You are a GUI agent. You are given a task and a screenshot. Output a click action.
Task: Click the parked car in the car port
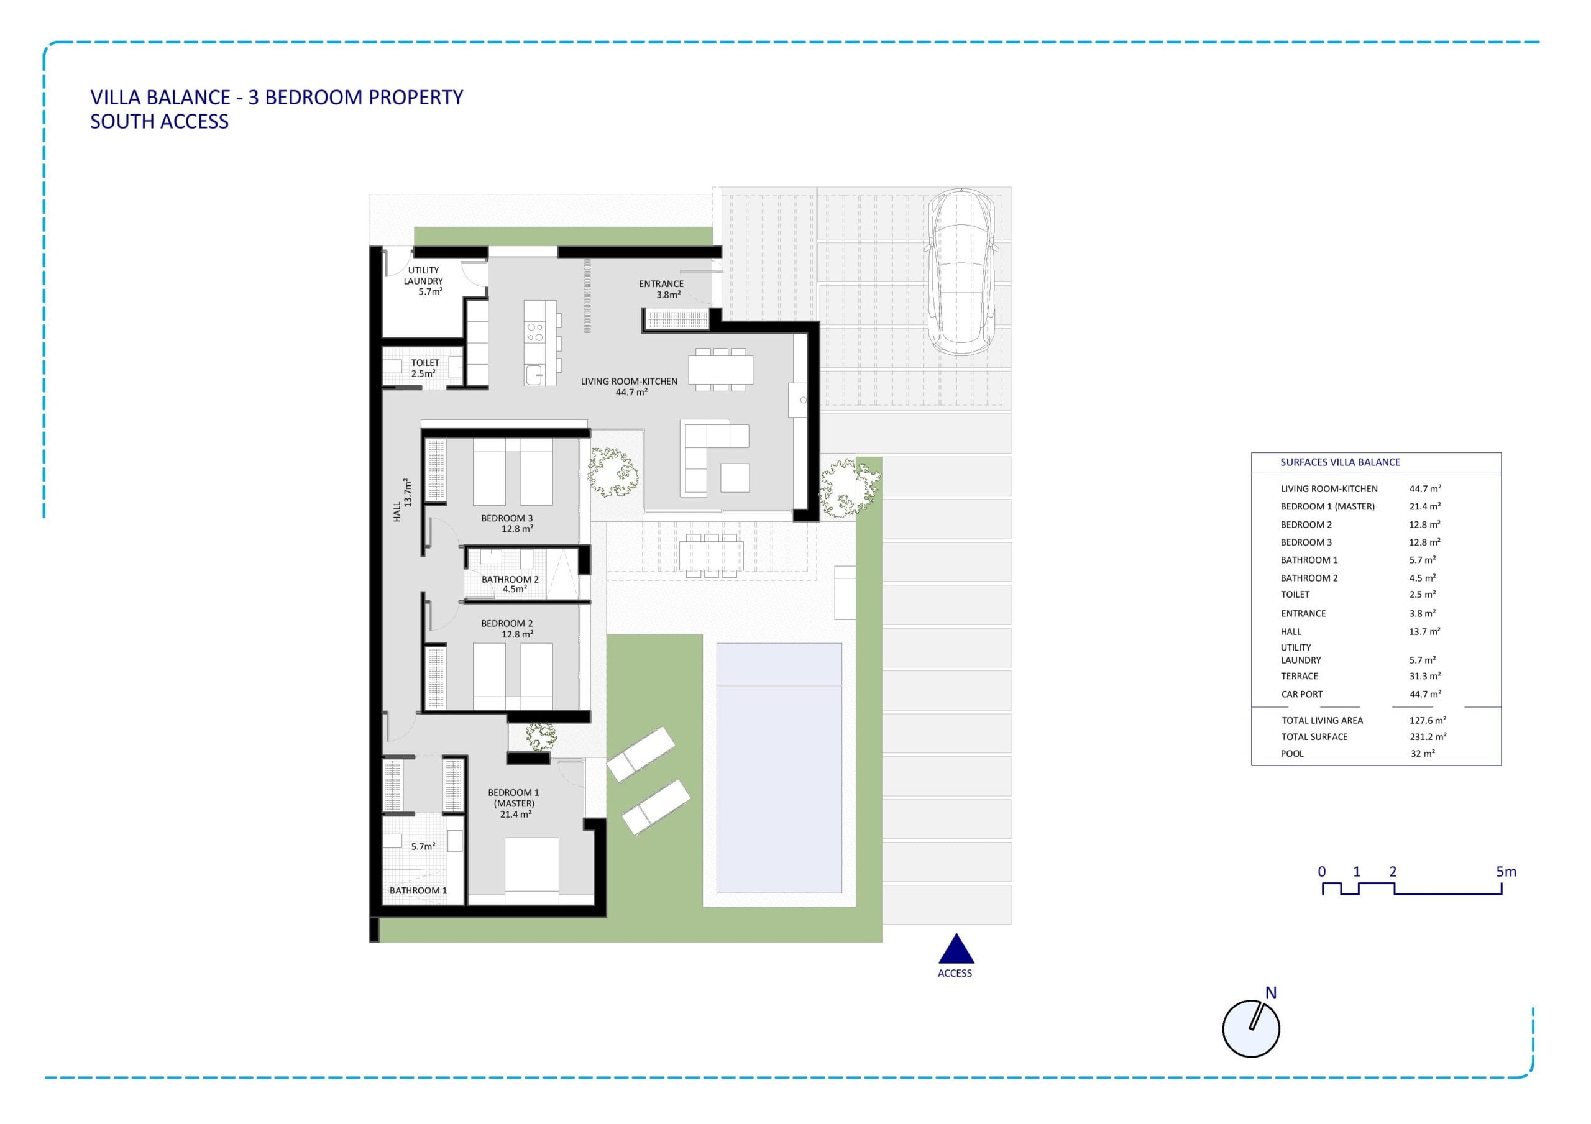click(963, 272)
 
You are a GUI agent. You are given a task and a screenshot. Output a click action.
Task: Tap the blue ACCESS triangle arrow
click(956, 950)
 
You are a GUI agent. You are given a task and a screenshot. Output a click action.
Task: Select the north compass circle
click(1251, 1028)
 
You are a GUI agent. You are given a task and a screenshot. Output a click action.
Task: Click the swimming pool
click(779, 768)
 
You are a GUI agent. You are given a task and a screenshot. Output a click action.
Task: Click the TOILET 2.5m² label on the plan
click(424, 368)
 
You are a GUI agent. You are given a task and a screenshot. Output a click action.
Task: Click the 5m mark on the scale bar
click(1506, 872)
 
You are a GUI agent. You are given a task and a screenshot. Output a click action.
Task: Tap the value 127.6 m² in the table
click(1428, 720)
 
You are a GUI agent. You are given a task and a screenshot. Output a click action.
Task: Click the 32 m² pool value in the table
click(1423, 753)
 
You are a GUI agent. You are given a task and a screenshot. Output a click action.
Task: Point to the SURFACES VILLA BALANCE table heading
click(1340, 462)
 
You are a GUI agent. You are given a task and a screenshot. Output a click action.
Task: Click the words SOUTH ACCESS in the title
click(159, 121)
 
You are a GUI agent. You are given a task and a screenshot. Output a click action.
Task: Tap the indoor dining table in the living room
click(721, 370)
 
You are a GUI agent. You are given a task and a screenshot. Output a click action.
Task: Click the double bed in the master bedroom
click(531, 870)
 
